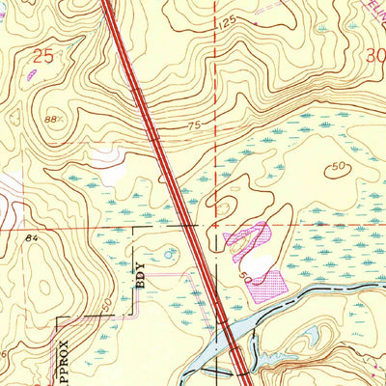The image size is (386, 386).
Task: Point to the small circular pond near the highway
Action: coord(171,254)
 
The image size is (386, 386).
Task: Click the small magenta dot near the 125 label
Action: coord(257,20)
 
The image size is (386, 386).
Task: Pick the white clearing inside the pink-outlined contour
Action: coord(254,257)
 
